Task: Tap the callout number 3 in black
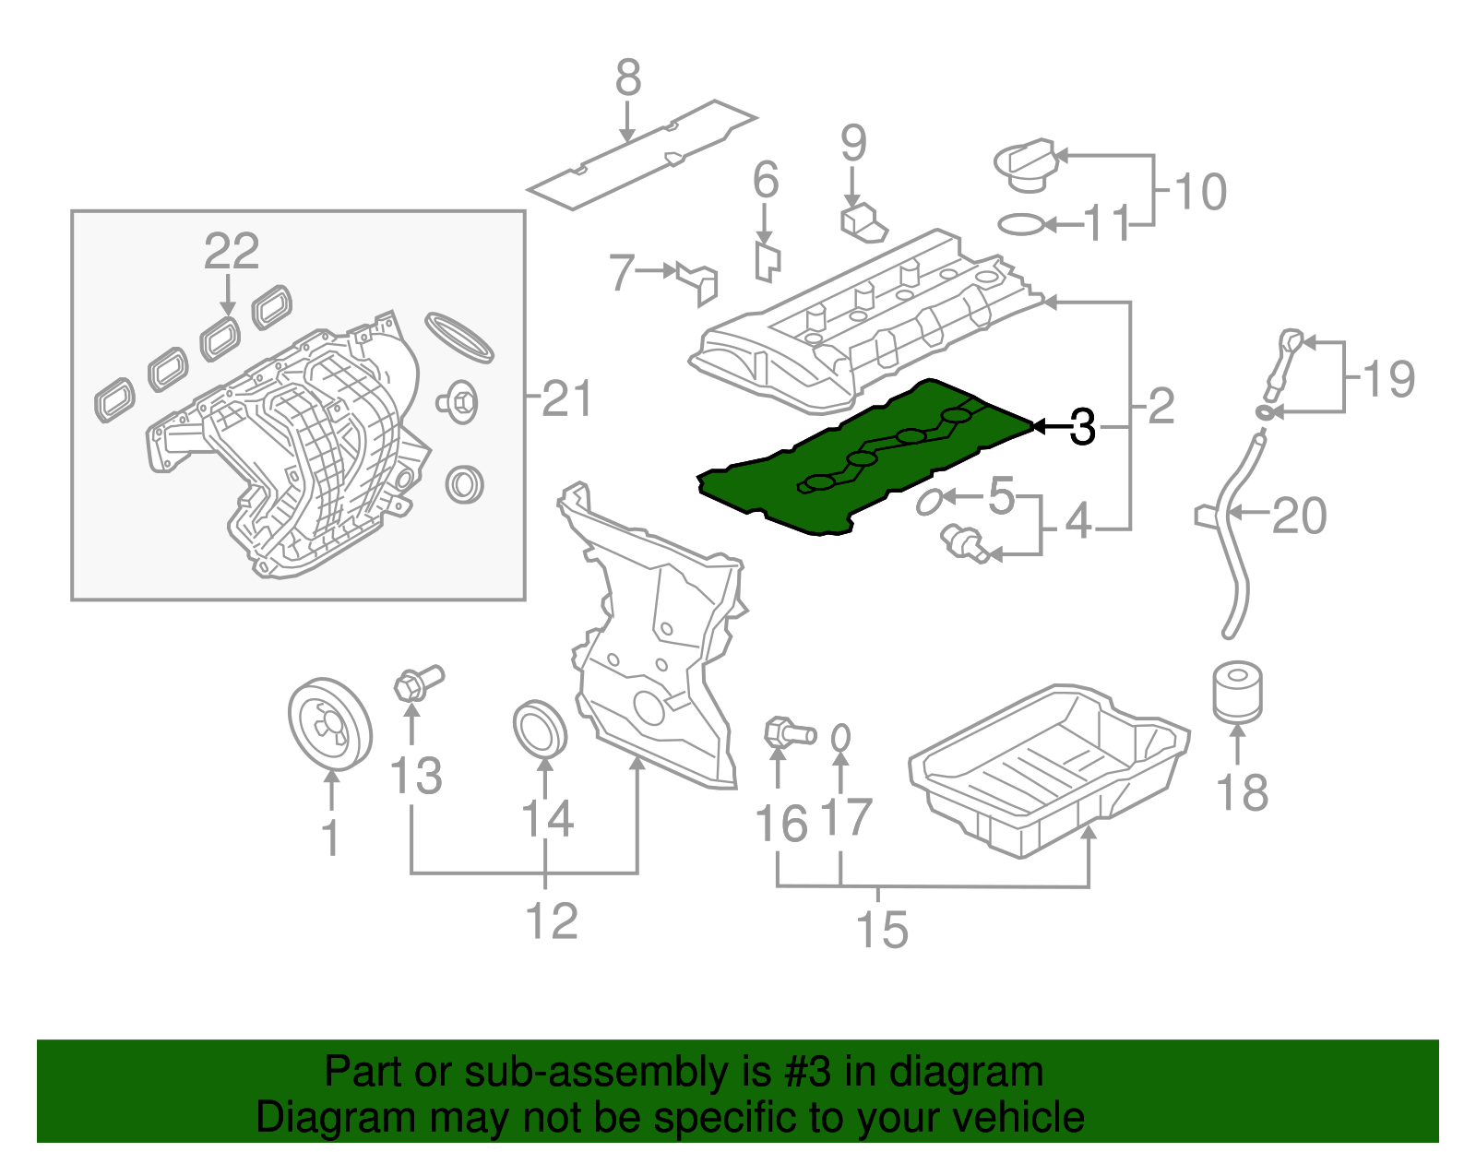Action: [1082, 427]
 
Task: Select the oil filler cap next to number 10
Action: [1024, 166]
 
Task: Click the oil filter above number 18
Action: [1236, 692]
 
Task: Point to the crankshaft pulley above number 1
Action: [329, 724]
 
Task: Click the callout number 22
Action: [232, 251]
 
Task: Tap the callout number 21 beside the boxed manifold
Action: [565, 398]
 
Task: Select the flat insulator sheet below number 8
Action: [641, 155]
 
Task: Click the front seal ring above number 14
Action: [540, 729]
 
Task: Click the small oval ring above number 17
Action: [840, 738]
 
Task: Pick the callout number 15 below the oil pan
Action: [882, 929]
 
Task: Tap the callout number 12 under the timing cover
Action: [551, 920]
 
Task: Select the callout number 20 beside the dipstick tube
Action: [1299, 516]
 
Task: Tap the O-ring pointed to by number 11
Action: [1021, 224]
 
